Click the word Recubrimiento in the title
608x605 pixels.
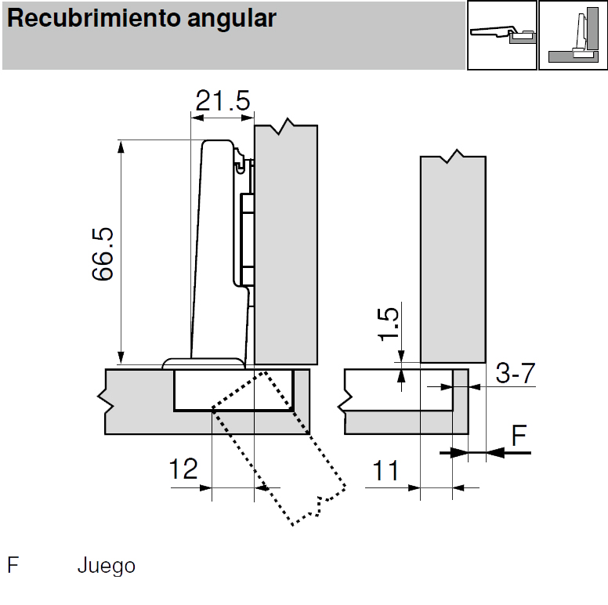[86, 19]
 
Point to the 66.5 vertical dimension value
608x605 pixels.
[103, 254]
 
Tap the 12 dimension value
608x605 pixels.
[183, 469]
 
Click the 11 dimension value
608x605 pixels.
[385, 471]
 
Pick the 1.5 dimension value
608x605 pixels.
[389, 324]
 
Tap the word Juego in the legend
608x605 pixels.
[106, 566]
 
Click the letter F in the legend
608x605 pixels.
[13, 566]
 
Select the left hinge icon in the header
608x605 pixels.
[501, 35]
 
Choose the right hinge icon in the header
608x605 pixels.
[573, 35]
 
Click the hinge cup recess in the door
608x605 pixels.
[233, 390]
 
